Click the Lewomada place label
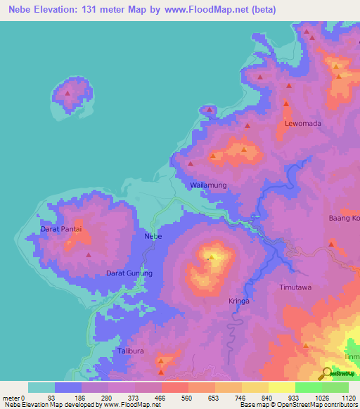(x=302, y=124)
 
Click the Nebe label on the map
(x=153, y=236)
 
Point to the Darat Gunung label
(x=129, y=273)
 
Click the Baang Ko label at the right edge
(x=344, y=219)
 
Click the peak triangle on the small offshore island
(x=67, y=93)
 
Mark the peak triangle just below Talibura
(x=162, y=362)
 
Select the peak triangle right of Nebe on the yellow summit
(x=210, y=258)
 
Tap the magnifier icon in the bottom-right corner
(x=328, y=372)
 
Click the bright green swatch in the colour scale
(x=308, y=387)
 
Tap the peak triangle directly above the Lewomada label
(x=286, y=104)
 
